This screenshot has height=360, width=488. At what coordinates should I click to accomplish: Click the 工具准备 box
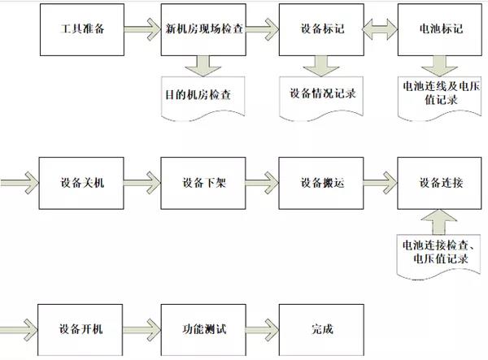point(82,30)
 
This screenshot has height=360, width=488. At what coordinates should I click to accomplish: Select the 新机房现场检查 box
point(203,30)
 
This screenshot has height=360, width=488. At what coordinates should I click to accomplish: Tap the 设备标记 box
point(321,30)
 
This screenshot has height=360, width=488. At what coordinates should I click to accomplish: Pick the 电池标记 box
point(440,30)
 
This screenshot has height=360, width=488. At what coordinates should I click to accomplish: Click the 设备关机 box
point(81,183)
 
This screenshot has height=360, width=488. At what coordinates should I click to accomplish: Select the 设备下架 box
point(203,183)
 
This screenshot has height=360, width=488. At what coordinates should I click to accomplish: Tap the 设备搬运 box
point(321,183)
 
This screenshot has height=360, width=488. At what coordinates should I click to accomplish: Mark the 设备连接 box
point(439,183)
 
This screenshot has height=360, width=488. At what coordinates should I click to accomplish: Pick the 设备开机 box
point(81,330)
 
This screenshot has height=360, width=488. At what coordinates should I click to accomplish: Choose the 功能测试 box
point(203,330)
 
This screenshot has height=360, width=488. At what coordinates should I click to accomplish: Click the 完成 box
point(321,330)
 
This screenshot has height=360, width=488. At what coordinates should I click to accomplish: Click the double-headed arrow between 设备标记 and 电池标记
point(381,29)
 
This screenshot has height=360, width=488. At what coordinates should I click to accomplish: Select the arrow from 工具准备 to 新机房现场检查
point(142,29)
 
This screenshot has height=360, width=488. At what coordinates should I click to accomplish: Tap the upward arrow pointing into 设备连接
point(439,222)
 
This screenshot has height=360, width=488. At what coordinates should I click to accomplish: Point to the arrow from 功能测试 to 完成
point(263,330)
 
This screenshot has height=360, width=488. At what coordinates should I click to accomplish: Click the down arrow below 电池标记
point(439,66)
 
